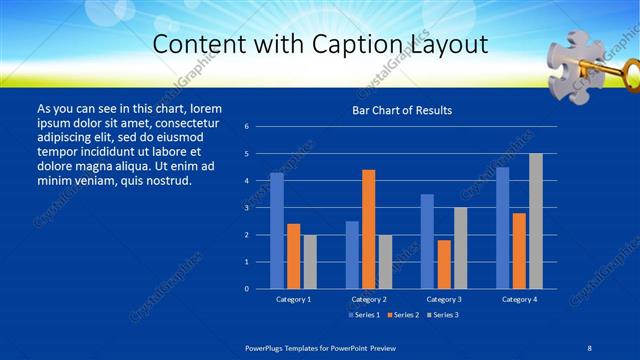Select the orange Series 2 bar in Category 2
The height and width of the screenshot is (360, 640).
(368, 229)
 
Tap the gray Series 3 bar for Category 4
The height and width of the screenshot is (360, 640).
(535, 221)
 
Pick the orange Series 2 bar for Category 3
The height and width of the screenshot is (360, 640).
(443, 264)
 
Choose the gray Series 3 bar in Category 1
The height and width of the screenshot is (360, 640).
(309, 261)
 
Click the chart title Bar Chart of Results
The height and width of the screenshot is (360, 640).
(402, 110)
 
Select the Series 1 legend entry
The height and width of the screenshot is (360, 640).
(364, 316)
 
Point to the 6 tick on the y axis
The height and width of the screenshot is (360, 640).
(246, 127)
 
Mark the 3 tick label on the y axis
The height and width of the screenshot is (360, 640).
(246, 208)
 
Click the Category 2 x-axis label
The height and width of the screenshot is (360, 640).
(369, 299)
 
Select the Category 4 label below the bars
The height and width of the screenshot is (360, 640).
(519, 299)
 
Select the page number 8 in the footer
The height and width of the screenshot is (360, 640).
(588, 347)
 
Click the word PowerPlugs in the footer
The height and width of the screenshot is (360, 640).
(268, 347)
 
